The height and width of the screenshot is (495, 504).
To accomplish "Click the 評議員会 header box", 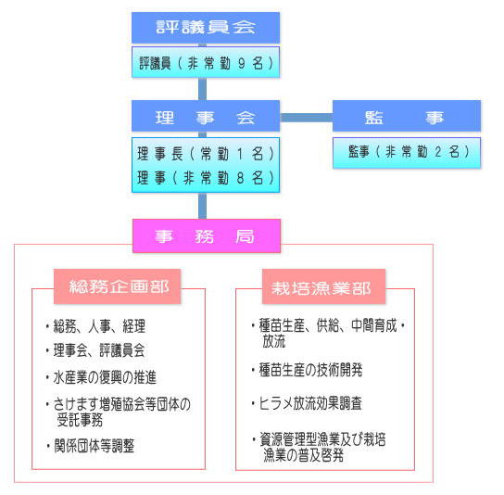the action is tap(206, 28).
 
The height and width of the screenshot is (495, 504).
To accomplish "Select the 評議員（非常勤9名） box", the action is tap(206, 62).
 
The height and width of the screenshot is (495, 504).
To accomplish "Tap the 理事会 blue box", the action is tap(206, 116).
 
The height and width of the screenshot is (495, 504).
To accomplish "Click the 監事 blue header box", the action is tap(407, 116).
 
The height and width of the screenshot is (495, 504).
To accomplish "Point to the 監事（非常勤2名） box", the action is tap(407, 153).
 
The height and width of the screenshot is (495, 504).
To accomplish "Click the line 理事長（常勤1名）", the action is tap(206, 154).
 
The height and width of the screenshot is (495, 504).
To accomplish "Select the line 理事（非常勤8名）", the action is tap(206, 178).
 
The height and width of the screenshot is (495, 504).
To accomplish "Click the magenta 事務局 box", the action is tap(207, 236).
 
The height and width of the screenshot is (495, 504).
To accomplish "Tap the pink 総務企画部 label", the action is tap(118, 286).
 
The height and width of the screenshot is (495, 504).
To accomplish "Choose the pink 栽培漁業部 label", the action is tap(323, 286).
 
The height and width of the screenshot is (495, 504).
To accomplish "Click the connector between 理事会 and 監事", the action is tap(307, 118).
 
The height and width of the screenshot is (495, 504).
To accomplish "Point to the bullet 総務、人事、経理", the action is tap(95, 326).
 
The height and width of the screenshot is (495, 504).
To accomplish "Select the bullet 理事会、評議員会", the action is tap(95, 350).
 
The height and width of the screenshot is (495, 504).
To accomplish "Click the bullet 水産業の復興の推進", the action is tap(101, 377).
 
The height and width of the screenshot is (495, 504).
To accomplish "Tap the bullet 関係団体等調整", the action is tap(90, 446).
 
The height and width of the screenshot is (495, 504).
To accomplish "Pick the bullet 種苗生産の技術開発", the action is tap(308, 370).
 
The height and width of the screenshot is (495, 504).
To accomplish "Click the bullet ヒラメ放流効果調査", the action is tap(307, 403).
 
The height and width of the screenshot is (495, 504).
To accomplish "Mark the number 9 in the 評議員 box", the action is tap(242, 63).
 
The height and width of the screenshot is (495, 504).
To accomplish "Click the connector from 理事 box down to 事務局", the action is tap(203, 206).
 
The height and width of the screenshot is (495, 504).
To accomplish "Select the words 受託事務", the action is tap(80, 420).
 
